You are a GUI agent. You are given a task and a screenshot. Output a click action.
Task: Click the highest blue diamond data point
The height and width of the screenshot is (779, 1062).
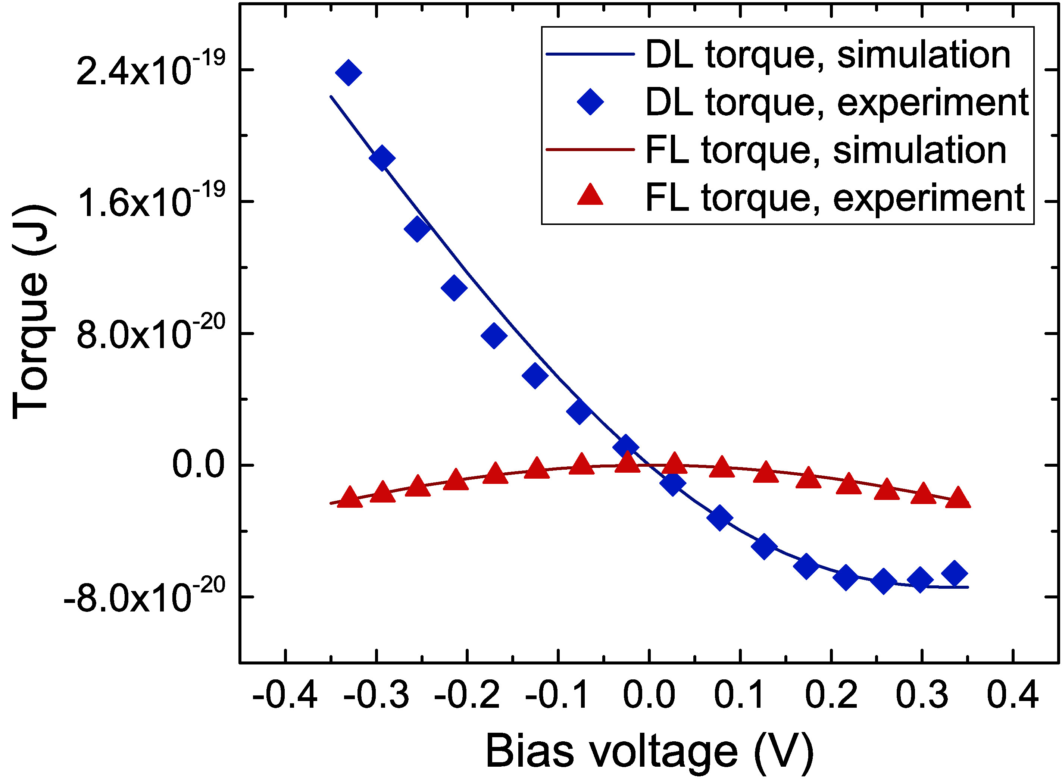tap(349, 73)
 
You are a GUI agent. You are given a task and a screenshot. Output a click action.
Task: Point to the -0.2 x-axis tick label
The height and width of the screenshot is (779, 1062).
tap(466, 695)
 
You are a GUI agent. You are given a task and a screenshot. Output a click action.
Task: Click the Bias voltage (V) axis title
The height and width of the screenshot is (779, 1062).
tap(649, 750)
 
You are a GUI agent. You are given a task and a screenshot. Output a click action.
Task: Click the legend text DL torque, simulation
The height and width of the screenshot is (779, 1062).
tap(828, 55)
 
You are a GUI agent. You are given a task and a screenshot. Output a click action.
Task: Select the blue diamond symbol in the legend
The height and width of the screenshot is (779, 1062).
tap(590, 101)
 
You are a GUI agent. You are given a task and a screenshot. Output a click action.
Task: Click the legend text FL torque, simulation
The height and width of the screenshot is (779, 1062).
tap(825, 150)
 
